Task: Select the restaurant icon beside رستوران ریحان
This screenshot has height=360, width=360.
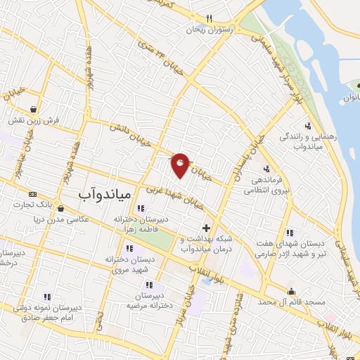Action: (209, 19)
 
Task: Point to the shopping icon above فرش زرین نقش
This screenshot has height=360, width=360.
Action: (34, 109)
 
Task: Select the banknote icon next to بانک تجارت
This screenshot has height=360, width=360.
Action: (32, 194)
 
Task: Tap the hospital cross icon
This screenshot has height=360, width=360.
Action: (206, 228)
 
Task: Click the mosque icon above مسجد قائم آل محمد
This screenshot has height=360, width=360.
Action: (290, 291)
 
